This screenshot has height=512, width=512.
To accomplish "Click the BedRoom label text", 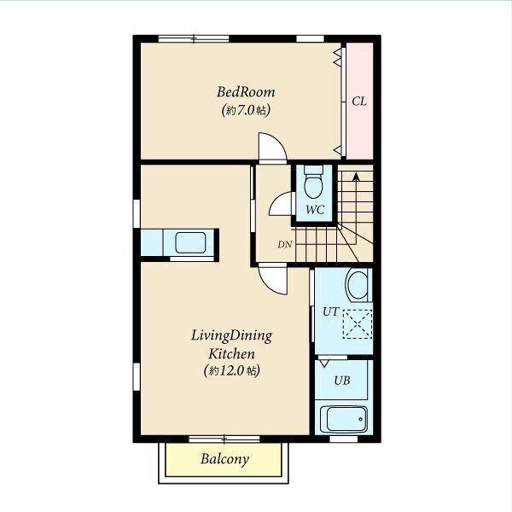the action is coord(246,92).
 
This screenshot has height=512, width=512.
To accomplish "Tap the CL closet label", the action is coord(359,102).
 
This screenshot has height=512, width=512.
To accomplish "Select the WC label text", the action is coord(315,210).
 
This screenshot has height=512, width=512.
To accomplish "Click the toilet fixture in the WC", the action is coord(313,182).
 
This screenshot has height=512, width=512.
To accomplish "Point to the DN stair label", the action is coord(285,244).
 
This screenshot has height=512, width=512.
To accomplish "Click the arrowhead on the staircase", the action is coord(356,177).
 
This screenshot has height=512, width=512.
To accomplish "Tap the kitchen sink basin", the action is coord(190,242).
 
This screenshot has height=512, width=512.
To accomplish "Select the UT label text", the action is coord(331,311).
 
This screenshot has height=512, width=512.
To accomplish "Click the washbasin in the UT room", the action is coord(358,285).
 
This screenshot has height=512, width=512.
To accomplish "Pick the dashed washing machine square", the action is coord(358,323).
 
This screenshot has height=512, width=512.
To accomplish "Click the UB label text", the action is coord(342,381).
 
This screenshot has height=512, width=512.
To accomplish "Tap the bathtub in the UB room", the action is coord(344,419).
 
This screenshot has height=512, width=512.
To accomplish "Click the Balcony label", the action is coord(224,459).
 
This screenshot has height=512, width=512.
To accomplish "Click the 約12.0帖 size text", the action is coord(232,371).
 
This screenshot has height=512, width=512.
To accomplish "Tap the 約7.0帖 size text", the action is coord(246,110).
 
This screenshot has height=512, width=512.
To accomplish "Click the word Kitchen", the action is coord(231,353).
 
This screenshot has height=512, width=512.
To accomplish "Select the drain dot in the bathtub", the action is coord(360,419).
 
